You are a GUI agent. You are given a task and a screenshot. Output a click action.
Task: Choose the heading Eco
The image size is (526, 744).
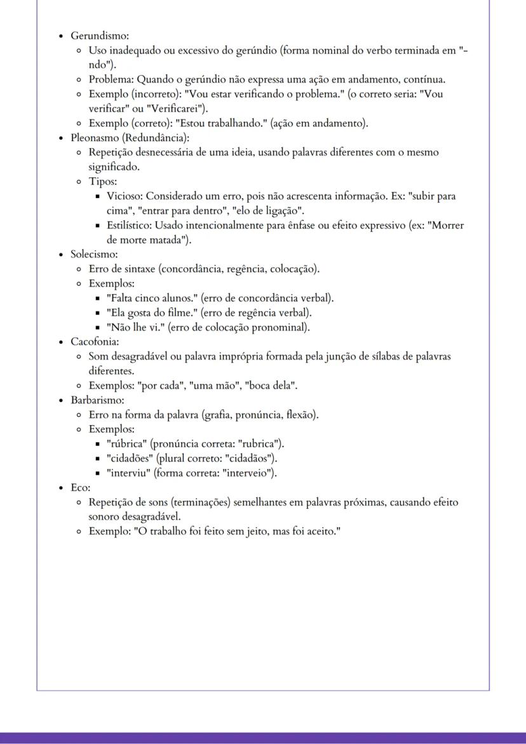[80, 488]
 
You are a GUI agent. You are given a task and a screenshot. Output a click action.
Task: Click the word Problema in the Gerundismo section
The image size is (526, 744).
[110, 79]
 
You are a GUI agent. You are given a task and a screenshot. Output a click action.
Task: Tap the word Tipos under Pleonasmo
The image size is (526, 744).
[102, 182]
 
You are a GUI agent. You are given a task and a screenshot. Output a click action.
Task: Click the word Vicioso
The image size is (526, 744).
[125, 196]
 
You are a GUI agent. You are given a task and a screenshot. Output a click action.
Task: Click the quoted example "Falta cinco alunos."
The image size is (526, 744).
[152, 298]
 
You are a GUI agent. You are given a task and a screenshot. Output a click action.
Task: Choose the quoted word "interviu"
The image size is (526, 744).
[128, 473]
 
